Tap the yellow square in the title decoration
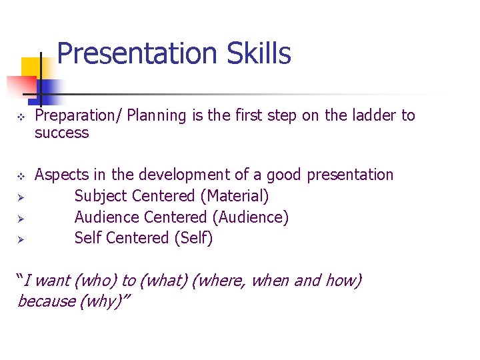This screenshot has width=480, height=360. pyautogui.click(x=31, y=68)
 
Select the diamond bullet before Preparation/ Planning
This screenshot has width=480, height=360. pyautogui.click(x=21, y=117)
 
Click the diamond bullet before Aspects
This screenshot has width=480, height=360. pyautogui.click(x=21, y=176)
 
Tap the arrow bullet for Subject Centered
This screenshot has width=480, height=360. pyautogui.click(x=21, y=197)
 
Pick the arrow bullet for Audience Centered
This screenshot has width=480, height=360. pyautogui.click(x=21, y=218)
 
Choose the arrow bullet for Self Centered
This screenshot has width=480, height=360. pyautogui.click(x=21, y=239)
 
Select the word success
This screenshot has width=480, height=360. pyautogui.click(x=61, y=133)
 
